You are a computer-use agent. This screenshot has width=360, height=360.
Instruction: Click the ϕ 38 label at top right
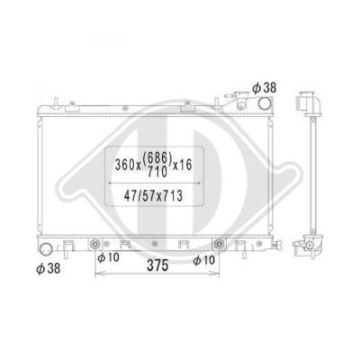(264, 88)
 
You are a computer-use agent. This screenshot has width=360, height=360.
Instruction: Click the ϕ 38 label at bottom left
(49, 268)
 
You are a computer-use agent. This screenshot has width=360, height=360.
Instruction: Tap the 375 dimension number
(157, 265)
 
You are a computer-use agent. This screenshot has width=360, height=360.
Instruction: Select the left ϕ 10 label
(108, 257)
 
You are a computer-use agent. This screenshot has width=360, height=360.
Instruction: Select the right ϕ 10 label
(204, 260)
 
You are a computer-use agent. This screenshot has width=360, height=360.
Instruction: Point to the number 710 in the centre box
(157, 172)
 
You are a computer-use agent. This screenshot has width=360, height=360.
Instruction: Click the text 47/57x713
(153, 196)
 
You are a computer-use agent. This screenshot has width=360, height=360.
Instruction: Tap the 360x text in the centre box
(128, 165)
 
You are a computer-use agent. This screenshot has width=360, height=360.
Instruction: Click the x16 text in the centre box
(182, 165)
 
